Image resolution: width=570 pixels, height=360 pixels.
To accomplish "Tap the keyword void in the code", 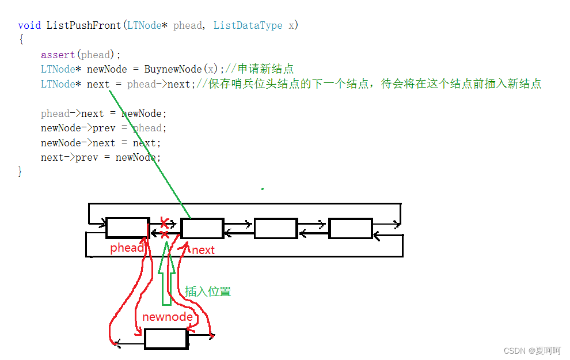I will pos(29,25).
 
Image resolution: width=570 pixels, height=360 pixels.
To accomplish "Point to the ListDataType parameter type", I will pos(248,25).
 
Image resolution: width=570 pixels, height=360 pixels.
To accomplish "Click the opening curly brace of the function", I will pos(21,40).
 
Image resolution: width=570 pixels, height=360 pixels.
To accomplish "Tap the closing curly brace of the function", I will pos(21,172).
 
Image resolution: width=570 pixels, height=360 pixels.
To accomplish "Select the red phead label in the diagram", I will pos(127,248).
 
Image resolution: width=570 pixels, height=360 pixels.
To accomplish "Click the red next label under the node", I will pos(203,250).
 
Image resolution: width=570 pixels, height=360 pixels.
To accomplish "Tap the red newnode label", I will pos(168,317).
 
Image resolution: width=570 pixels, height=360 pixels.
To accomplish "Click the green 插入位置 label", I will pos(208,291).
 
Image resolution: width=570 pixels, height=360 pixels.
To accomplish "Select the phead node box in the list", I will pos(127,228).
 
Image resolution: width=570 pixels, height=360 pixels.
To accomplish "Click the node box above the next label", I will pos(202,228).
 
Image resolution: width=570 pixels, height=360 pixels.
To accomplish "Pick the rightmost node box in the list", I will pos(350,228).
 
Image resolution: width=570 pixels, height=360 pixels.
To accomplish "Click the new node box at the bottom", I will pos(166,339).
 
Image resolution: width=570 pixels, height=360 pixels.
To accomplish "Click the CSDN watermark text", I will pos(531,351).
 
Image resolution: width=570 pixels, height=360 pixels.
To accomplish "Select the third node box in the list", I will pos(276,228).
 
